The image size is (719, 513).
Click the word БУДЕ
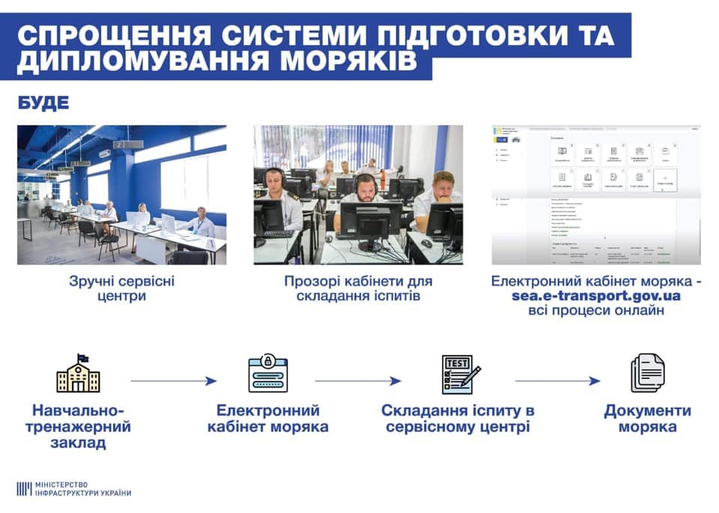(43, 102)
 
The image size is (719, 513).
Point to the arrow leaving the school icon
(173, 381)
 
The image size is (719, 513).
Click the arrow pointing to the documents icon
(557, 381)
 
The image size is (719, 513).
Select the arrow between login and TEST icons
(357, 381)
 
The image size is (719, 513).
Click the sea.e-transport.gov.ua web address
(595, 295)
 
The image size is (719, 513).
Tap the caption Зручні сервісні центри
(121, 289)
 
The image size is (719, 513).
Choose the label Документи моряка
(647, 419)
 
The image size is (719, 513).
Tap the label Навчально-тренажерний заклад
(82, 427)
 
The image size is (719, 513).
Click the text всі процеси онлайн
(595, 310)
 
